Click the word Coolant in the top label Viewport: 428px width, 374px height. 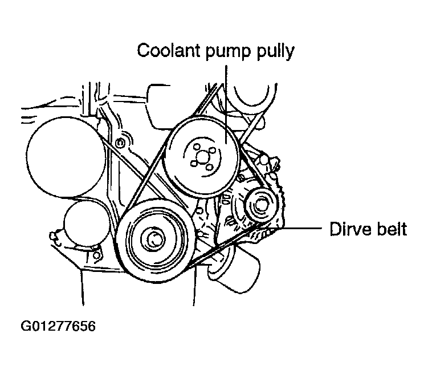tap(168, 51)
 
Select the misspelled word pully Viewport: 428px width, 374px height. tap(275, 52)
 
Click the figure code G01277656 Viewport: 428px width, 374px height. tap(58, 326)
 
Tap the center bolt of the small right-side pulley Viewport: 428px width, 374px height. tap(261, 205)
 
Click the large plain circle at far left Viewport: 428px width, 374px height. tap(66, 157)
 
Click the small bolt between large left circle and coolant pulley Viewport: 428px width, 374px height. tap(119, 142)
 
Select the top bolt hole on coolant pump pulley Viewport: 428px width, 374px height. tap(196, 147)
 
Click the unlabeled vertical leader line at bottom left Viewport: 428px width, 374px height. tap(83, 287)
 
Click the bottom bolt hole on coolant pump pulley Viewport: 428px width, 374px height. tap(209, 167)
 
